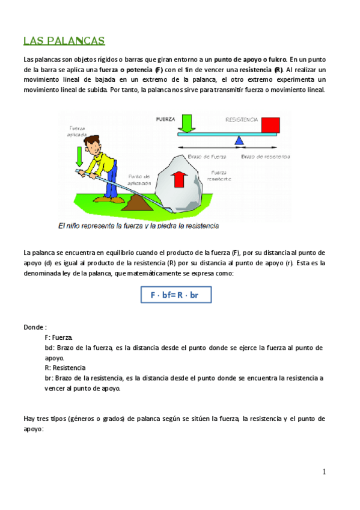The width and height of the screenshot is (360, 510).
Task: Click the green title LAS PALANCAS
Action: point(64,41)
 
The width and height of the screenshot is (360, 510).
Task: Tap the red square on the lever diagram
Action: point(270,124)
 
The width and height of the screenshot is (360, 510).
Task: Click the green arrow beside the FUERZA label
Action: point(186,123)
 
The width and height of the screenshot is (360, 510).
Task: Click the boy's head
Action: point(94,145)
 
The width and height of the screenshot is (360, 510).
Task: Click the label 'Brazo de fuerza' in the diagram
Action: point(206,156)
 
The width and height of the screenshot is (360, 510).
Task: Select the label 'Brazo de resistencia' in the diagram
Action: point(266,156)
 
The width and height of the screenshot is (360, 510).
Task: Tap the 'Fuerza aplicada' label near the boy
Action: point(78,131)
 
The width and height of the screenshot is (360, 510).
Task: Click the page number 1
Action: point(324,472)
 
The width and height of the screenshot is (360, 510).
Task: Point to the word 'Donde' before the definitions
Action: point(34,327)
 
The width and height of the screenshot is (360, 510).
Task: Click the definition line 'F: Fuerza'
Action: point(58,338)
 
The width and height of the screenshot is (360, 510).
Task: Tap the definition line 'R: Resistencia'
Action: point(65,367)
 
